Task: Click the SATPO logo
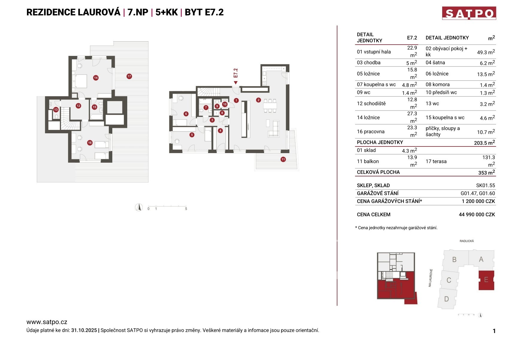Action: tap(469, 13)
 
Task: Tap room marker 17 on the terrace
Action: tap(129, 76)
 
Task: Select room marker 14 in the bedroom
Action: tap(95, 78)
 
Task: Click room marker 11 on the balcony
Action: tap(283, 159)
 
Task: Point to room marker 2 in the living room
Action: tap(258, 100)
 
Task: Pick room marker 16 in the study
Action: tap(90, 143)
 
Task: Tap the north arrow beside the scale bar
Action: tap(139, 207)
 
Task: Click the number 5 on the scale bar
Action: tap(186, 209)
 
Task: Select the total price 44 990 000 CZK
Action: tap(477, 215)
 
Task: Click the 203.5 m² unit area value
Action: tap(484, 143)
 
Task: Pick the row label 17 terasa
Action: tap(436, 161)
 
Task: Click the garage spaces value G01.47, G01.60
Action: tap(477, 193)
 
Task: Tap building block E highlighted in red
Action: tap(486, 280)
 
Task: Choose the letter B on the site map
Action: tap(454, 260)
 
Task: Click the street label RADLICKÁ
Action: tap(467, 241)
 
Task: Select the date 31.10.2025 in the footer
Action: tap(84, 330)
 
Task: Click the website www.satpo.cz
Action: tap(47, 322)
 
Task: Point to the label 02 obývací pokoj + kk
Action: tap(446, 52)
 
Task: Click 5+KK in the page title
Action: tap(166, 12)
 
